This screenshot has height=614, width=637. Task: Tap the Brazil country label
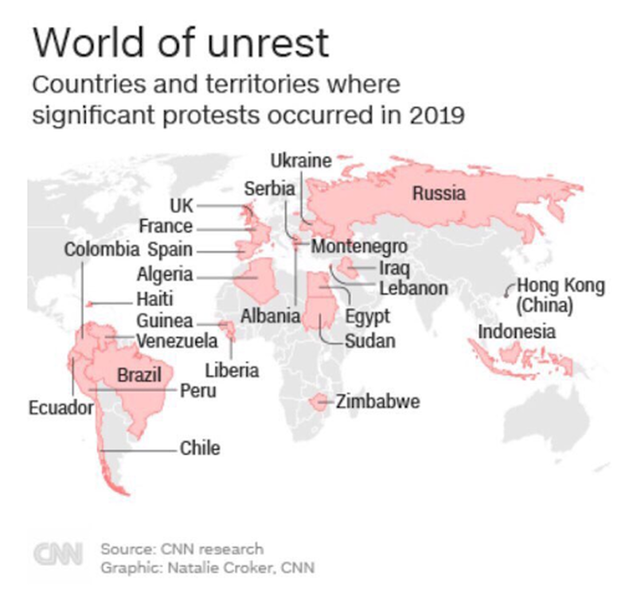tap(139, 375)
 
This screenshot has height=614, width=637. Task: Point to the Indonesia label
tap(517, 331)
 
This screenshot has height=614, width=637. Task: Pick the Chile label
tap(200, 448)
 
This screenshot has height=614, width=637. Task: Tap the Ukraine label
tap(300, 161)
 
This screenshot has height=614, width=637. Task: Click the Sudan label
tap(369, 341)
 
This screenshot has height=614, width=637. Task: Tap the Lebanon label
tap(413, 288)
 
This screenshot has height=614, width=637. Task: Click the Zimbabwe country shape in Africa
tap(320, 402)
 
